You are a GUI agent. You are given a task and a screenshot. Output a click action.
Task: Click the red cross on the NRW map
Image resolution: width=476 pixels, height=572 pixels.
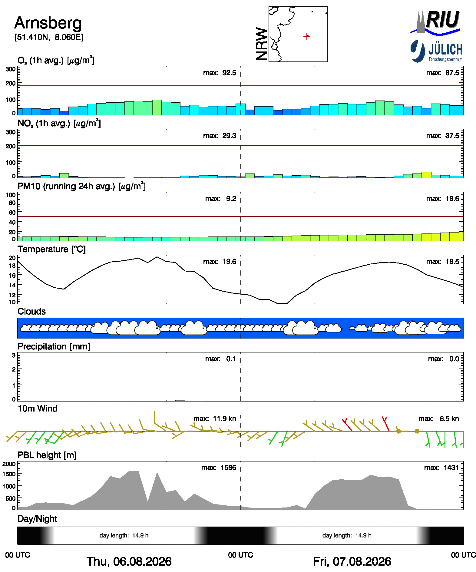click(x=307, y=37)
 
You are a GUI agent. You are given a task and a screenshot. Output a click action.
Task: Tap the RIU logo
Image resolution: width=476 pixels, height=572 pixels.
click(x=435, y=22)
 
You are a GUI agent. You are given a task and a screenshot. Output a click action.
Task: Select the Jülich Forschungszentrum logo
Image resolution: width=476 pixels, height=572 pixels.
click(x=436, y=51)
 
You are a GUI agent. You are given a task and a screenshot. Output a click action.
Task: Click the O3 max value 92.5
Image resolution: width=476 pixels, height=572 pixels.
click(x=229, y=73)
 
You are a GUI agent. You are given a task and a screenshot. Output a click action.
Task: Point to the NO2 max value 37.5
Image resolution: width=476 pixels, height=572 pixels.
click(x=452, y=136)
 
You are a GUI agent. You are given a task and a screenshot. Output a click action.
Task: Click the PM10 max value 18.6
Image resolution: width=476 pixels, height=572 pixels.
click(x=452, y=199)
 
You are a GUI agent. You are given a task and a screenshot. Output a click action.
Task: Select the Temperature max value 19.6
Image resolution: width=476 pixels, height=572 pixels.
click(x=229, y=262)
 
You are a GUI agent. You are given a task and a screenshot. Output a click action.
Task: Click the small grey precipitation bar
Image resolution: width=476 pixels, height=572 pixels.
click(x=180, y=400)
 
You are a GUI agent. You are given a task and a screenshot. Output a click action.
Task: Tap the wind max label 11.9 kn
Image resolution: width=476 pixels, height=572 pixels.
click(x=224, y=419)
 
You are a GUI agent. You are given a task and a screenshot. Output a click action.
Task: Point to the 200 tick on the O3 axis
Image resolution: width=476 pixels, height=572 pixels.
click(x=11, y=84)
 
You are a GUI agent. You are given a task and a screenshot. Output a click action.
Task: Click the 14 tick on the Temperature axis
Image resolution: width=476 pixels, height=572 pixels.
click(x=12, y=285)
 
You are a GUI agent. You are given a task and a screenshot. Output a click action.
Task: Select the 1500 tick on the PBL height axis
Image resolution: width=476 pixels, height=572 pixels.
click(x=9, y=474)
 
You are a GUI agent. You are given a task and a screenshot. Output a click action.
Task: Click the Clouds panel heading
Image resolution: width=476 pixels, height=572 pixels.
click(x=32, y=312)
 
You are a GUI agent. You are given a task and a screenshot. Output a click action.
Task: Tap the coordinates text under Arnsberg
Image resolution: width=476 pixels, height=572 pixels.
click(x=49, y=37)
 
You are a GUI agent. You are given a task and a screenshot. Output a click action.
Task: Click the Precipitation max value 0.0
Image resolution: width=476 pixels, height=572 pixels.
click(x=454, y=359)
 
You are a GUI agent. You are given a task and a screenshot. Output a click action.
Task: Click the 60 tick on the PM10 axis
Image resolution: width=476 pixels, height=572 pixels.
click(x=12, y=213)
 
